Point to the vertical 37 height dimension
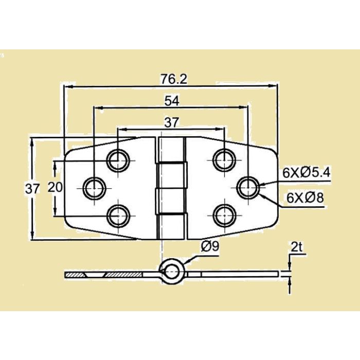point(32,189)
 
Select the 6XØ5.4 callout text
point(306,173)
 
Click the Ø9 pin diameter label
point(210,246)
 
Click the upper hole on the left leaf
point(119,160)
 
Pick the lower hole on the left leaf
point(119,214)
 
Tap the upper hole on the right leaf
point(223,160)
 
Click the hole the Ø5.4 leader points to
point(248,187)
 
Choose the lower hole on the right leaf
point(223,214)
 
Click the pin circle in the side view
point(170,271)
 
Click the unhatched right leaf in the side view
point(231,274)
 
